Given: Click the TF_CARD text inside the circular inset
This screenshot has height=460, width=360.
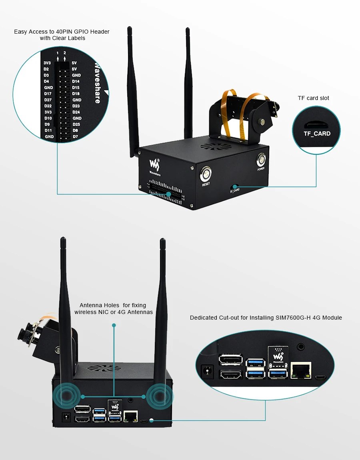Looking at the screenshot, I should coord(317,134).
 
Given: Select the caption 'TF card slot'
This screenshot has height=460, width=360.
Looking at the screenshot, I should coord(314,98).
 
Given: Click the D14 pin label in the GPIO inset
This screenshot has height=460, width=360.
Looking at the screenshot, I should coord(76,81).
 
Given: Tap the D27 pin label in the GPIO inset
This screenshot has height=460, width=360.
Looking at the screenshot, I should coord(48,100).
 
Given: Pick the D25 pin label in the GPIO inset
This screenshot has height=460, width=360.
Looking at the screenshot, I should coord(76,124).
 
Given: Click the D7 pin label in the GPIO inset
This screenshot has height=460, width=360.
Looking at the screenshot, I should coord(75,137).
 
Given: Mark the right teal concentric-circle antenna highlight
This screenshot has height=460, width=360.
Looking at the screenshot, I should coord(160,396).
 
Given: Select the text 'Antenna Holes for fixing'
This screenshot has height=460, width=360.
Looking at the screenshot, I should coord(113,305).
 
